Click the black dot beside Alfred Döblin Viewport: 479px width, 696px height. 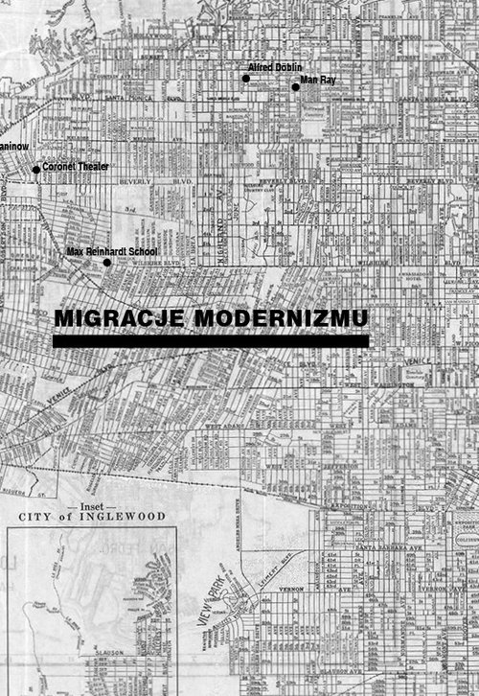click(x=245, y=78)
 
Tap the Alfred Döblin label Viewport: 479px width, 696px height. click(x=275, y=67)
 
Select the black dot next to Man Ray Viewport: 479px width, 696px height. click(x=295, y=87)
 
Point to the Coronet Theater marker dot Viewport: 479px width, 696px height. click(x=36, y=170)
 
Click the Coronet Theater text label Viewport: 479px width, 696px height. click(x=76, y=167)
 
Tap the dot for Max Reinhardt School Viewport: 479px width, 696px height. click(x=106, y=262)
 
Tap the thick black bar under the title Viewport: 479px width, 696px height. click(x=211, y=340)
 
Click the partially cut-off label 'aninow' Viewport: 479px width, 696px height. click(x=13, y=146)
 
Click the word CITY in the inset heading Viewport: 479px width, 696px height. click(x=39, y=516)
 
